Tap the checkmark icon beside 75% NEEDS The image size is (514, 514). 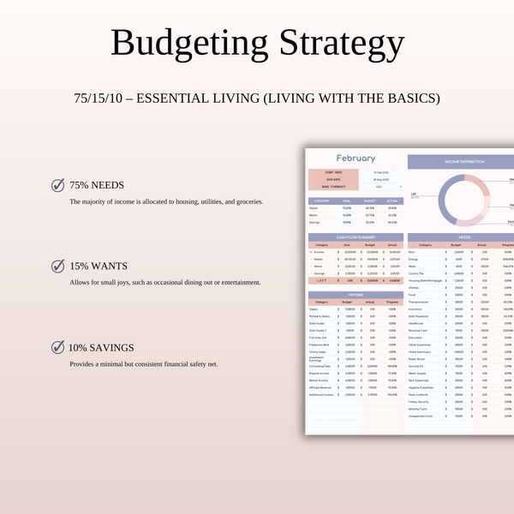58,184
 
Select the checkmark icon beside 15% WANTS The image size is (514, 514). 58,266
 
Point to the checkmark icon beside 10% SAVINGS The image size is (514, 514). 58,347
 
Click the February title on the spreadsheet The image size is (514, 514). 356,158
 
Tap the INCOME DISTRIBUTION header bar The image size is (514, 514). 460,161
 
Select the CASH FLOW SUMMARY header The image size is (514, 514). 355,237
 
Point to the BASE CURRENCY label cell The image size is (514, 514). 330,187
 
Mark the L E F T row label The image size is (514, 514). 321,280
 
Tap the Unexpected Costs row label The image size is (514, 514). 420,416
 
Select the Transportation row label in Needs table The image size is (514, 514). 420,302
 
